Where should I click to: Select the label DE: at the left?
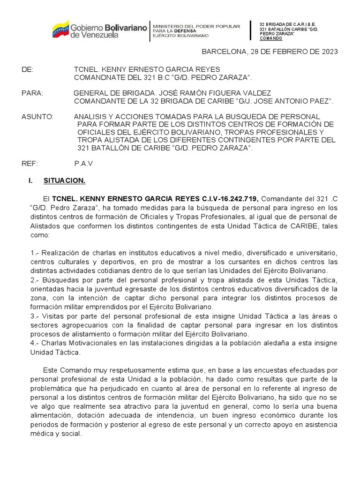tap(28, 69)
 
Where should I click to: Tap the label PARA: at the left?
tap(32, 93)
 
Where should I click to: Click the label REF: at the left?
tap(30, 164)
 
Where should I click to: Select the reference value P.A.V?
tap(83, 164)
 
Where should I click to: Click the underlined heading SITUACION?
tap(64, 180)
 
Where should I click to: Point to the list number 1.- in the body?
tap(34, 253)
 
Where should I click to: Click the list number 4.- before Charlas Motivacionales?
tap(35, 343)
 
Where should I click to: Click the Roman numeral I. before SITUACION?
tap(31, 180)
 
